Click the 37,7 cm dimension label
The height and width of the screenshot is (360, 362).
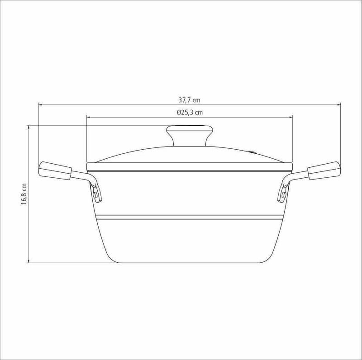tap(189, 100)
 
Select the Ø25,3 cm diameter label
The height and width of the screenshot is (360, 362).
tap(190, 112)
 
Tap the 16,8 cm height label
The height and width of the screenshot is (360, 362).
tap(24, 194)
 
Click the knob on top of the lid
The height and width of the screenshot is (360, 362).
tap(190, 136)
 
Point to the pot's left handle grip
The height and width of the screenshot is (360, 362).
tap(55, 171)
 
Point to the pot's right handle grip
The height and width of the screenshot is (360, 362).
tap(324, 171)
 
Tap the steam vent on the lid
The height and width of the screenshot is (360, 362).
tap(253, 152)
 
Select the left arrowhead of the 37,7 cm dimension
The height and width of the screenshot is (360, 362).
tap(40, 105)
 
